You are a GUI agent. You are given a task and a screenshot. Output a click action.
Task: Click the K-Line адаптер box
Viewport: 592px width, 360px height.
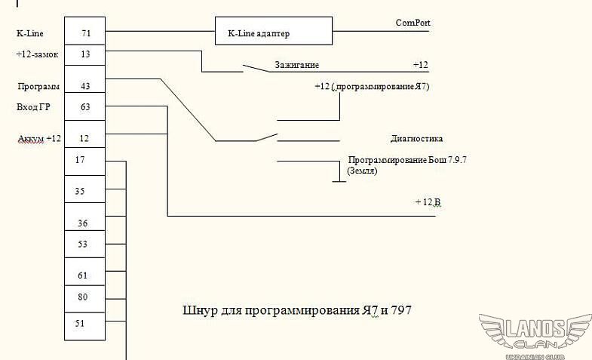click(273, 33)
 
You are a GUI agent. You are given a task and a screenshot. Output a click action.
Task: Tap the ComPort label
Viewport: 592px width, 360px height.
click(413, 23)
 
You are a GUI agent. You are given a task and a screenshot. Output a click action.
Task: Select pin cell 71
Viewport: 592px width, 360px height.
click(84, 34)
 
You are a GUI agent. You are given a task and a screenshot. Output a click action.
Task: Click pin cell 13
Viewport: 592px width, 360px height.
click(84, 54)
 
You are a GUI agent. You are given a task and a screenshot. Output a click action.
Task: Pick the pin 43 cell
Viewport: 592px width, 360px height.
click(84, 86)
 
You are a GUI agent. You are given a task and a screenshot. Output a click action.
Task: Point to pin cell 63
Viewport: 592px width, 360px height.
click(84, 106)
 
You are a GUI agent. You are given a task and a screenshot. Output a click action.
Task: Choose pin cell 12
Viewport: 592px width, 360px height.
click(84, 138)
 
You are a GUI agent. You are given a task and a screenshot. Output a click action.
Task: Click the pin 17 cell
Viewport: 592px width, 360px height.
click(81, 160)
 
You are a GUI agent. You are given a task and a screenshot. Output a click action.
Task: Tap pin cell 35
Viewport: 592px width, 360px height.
click(81, 192)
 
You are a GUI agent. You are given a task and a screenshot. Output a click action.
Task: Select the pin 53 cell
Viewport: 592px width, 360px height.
click(83, 244)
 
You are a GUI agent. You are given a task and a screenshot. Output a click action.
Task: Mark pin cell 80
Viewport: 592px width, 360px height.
click(83, 297)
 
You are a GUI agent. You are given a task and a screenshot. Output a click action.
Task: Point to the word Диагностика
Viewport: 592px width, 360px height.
click(416, 139)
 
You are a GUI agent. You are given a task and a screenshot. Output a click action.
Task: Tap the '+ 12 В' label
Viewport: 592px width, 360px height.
click(428, 202)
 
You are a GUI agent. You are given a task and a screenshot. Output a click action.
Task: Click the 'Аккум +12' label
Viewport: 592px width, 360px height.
click(39, 139)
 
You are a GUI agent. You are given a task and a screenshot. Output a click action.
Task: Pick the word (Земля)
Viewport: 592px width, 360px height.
click(362, 171)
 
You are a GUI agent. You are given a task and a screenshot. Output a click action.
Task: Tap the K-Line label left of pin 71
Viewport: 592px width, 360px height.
click(29, 34)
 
